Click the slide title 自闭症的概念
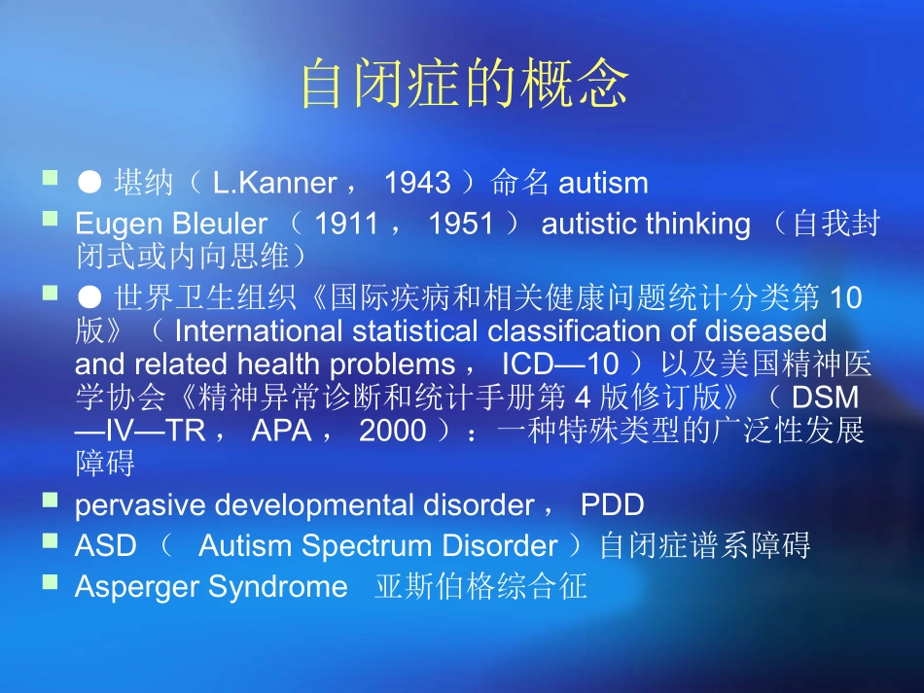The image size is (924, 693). (x=462, y=85)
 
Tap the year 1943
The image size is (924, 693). (x=417, y=183)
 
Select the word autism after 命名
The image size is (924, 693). (x=603, y=183)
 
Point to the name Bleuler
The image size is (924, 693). (x=219, y=225)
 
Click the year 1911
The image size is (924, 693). (x=347, y=225)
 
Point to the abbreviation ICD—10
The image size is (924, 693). (x=560, y=364)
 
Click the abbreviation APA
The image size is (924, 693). (x=281, y=431)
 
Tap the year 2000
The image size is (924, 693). (x=392, y=431)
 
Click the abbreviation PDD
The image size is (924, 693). (x=612, y=505)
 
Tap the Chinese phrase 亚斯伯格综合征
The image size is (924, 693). (x=480, y=587)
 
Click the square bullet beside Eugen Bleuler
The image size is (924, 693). (x=50, y=220)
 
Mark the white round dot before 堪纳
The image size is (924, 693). (x=90, y=182)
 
